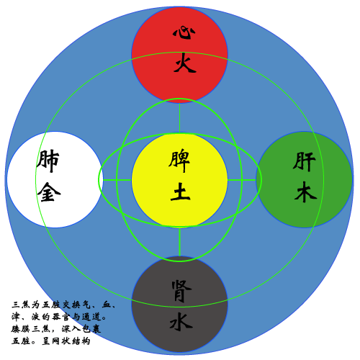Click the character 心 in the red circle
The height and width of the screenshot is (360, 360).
[184, 33]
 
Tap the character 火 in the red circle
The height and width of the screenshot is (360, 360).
[185, 63]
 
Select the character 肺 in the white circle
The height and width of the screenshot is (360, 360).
[48, 161]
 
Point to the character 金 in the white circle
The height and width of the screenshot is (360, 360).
[49, 192]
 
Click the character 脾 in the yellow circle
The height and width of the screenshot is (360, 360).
[179, 161]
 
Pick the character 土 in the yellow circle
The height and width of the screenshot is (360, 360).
[180, 192]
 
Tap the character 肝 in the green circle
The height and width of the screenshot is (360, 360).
[304, 161]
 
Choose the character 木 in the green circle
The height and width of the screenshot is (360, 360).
[305, 192]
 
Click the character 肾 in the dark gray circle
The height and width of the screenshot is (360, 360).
[181, 291]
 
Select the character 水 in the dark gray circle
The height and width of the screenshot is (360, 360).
[181, 322]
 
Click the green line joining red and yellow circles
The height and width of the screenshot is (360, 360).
[179, 117]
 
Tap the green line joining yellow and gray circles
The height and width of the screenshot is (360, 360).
[179, 242]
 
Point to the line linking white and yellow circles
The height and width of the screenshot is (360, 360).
[117, 180]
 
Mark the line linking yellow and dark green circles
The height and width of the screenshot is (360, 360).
[242, 180]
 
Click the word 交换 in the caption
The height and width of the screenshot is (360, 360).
[71, 305]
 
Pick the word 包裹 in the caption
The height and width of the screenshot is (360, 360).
[91, 329]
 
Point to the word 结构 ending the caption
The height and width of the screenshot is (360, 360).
[81, 341]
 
